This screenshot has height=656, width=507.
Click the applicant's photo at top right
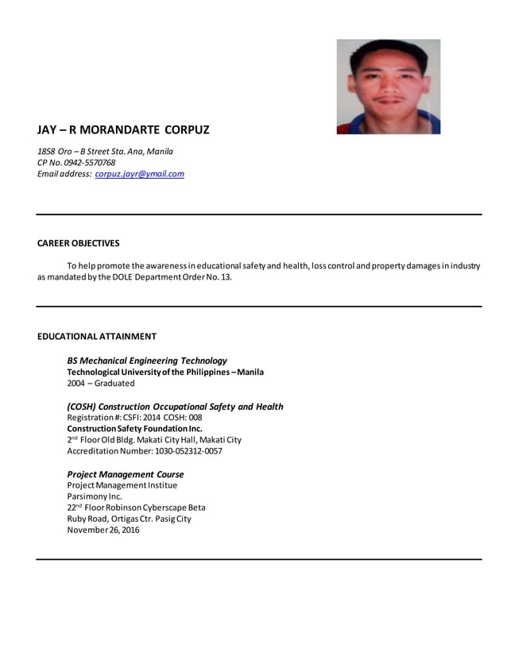click(x=388, y=87)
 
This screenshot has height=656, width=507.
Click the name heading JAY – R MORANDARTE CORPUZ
click(x=123, y=130)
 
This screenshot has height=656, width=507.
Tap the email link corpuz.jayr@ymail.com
click(x=139, y=174)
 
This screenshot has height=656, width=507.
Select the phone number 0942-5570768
click(x=89, y=163)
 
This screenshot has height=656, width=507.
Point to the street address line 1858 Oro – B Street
click(x=105, y=151)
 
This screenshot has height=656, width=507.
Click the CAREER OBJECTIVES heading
click(x=78, y=243)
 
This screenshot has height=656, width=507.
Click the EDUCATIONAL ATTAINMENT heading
click(x=97, y=336)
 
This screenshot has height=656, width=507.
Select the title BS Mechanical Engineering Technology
click(x=147, y=361)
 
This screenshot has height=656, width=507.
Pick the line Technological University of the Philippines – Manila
click(x=165, y=372)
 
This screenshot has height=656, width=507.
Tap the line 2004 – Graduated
click(x=101, y=383)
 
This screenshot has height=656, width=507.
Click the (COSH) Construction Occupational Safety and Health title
click(x=175, y=407)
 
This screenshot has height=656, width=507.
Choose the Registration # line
click(x=134, y=418)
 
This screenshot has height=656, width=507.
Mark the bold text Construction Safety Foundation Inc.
click(x=134, y=429)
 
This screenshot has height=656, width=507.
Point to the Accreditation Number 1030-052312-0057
click(x=145, y=451)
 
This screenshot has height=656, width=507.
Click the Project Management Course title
click(x=126, y=474)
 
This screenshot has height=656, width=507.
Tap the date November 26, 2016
click(x=103, y=530)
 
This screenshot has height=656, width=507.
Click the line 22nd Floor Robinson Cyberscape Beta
click(x=136, y=507)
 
